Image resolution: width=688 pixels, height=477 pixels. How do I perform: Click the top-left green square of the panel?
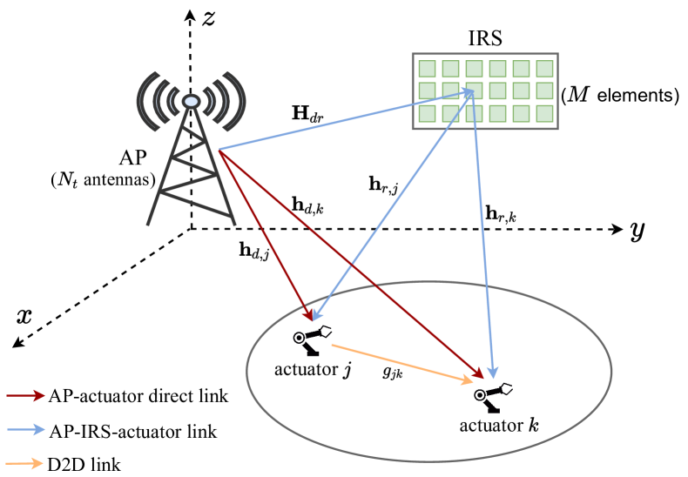coord(427,69)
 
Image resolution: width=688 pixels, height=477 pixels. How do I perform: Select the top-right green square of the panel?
coord(544,69)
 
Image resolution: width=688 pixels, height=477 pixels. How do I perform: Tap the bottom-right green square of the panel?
coord(544,113)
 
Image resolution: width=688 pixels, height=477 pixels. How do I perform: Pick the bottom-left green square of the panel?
coord(427,113)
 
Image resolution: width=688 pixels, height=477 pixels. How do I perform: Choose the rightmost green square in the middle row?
coord(544,91)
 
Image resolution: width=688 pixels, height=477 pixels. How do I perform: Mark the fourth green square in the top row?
coord(497,69)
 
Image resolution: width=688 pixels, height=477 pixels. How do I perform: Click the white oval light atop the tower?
coord(192,102)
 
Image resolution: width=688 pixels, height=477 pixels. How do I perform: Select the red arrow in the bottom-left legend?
coord(25,395)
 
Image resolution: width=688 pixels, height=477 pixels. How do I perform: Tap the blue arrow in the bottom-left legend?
coord(25,429)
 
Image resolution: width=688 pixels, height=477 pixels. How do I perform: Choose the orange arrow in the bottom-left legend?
coord(25,463)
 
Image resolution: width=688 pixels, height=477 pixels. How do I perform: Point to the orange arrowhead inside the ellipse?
coord(469,380)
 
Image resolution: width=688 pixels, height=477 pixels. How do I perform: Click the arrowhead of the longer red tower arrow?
coord(480,375)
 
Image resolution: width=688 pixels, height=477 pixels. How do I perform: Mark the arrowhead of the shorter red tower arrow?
coord(308,315)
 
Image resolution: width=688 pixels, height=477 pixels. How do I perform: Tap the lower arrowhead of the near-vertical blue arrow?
coord(493,373)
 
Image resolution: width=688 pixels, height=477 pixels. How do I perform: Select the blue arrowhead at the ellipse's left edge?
coord(317,315)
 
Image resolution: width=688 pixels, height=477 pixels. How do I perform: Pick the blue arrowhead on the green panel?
coord(469,91)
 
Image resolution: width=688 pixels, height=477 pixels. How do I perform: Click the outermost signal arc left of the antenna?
coord(141,101)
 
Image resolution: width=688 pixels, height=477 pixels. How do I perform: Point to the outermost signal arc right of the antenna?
coord(241,101)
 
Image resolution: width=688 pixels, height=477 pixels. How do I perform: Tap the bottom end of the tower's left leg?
coord(149,225)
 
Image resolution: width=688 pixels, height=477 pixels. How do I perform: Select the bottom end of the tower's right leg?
coord(234,224)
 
